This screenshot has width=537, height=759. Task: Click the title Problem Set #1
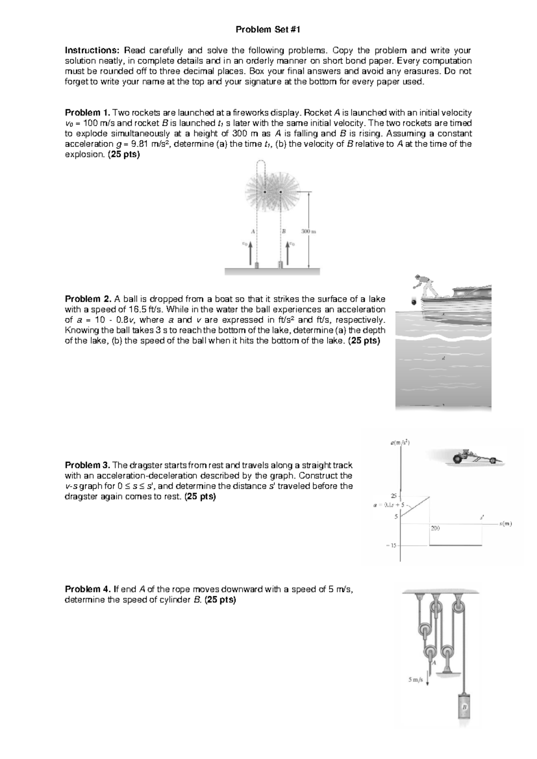pyautogui.click(x=268, y=30)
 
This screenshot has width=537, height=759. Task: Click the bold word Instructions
pyautogui.click(x=93, y=50)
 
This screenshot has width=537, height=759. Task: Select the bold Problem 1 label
pyautogui.click(x=87, y=113)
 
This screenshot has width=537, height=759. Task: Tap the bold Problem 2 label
pyautogui.click(x=88, y=299)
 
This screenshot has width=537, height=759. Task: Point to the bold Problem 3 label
pyautogui.click(x=87, y=465)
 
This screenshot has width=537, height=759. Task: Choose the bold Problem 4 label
pyautogui.click(x=88, y=589)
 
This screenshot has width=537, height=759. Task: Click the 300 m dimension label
pyautogui.click(x=309, y=231)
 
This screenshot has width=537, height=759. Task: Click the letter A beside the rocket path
pyautogui.click(x=252, y=231)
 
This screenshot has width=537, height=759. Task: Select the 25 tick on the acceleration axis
pyautogui.click(x=394, y=495)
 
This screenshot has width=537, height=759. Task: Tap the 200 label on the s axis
pyautogui.click(x=435, y=529)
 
